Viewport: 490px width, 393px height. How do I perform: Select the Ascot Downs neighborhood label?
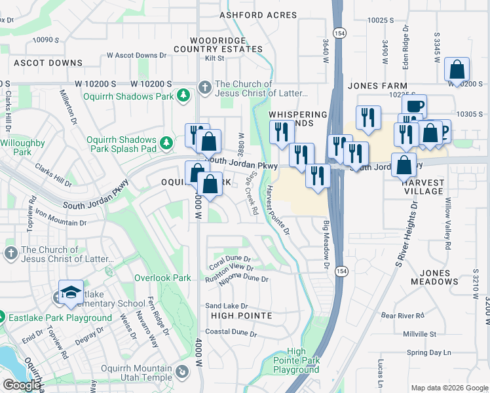[48, 64]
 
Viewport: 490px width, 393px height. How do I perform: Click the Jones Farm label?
[377, 86]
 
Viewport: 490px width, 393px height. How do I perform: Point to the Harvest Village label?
[419, 187]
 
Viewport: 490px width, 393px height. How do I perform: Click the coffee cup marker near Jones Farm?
[413, 106]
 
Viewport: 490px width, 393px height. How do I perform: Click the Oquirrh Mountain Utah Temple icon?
[181, 373]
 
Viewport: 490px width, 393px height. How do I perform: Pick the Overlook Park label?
[162, 278]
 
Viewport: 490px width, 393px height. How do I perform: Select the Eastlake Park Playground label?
[60, 318]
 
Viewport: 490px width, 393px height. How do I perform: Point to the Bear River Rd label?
[404, 316]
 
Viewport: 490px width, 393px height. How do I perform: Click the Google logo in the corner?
[22, 384]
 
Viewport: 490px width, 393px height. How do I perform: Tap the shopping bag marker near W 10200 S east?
[457, 69]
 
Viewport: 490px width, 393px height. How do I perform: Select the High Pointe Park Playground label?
[296, 361]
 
